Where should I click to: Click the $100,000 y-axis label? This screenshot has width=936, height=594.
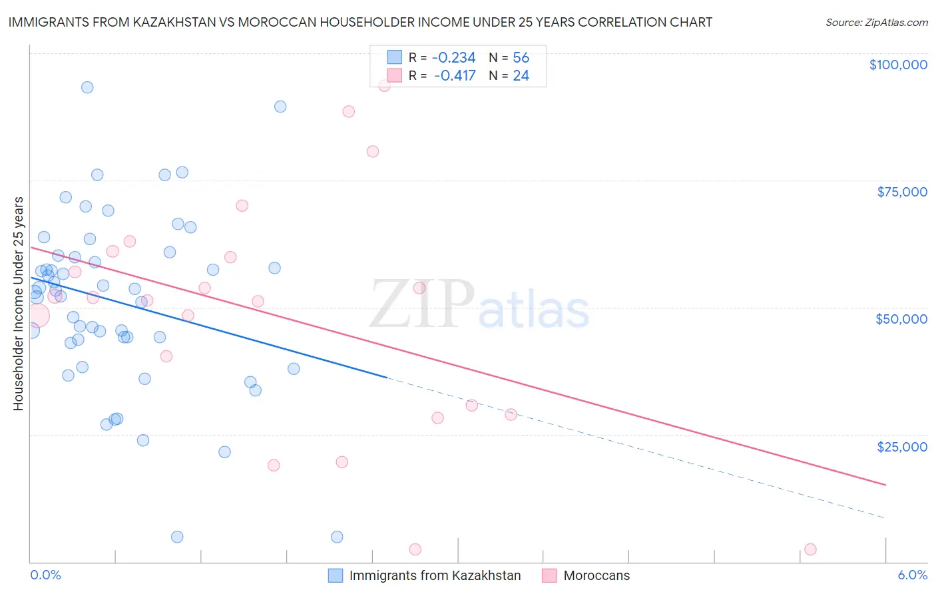click(898, 65)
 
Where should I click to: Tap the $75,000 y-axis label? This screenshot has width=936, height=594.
click(901, 192)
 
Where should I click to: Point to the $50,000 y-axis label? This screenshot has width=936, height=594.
click(901, 319)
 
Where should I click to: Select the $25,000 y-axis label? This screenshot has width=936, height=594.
click(901, 446)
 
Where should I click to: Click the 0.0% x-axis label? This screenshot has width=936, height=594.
click(45, 575)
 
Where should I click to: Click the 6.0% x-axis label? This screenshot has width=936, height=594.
click(912, 575)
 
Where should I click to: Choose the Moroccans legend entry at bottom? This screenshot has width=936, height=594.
click(596, 575)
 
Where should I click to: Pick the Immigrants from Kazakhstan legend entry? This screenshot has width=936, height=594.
click(435, 575)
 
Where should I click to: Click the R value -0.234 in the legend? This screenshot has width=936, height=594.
click(453, 58)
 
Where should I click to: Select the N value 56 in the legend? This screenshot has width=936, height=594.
click(521, 58)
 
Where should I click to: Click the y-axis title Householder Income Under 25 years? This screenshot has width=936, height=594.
click(18, 303)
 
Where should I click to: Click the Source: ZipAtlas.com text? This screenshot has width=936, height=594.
click(876, 22)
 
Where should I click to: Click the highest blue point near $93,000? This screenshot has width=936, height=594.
click(87, 87)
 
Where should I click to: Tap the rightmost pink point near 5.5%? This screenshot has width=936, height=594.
click(810, 549)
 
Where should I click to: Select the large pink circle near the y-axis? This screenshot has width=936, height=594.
click(37, 316)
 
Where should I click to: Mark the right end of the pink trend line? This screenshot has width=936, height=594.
click(885, 485)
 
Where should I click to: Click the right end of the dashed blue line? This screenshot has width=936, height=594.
click(885, 517)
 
